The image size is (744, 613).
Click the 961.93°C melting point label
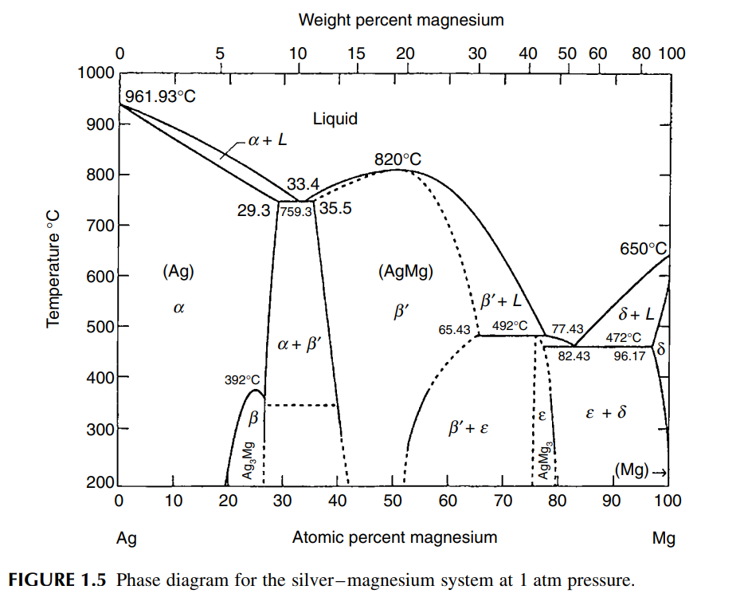tap(161, 96)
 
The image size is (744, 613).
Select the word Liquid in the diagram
tap(335, 120)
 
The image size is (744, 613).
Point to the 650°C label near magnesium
tap(642, 249)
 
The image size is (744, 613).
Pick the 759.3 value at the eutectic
tap(296, 213)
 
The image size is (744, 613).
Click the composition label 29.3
tap(255, 212)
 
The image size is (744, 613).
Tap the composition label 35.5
tap(335, 209)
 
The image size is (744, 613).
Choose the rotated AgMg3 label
tap(545, 460)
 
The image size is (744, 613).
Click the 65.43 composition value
tap(454, 328)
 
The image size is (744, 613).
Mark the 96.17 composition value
tap(629, 356)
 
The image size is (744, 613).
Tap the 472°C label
tap(622, 338)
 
